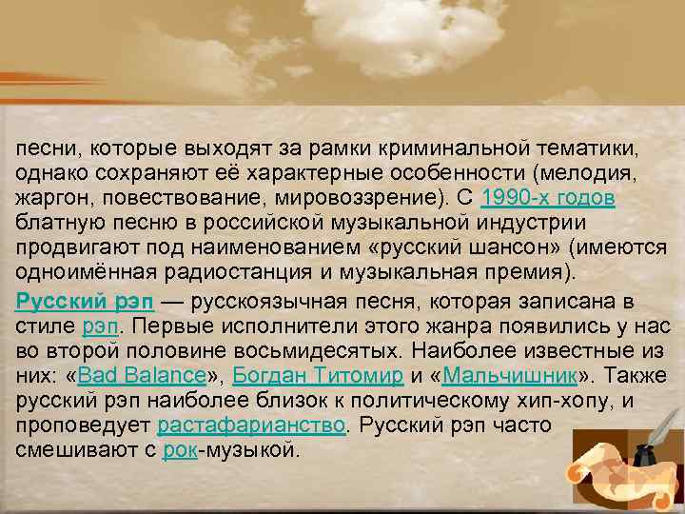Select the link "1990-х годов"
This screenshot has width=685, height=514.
tap(549, 197)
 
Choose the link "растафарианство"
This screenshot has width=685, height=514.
tap(251, 422)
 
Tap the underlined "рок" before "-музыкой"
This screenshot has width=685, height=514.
tap(180, 446)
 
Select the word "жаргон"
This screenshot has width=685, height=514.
tap(49, 197)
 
